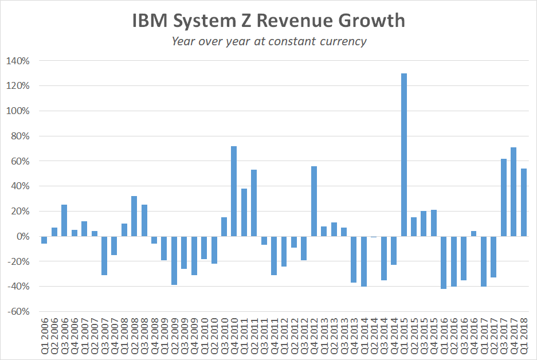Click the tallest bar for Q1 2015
pos(404,155)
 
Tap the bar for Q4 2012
pos(314,201)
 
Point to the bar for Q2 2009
pos(174,261)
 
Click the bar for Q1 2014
pos(364,261)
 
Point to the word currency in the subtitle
pos(342,41)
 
